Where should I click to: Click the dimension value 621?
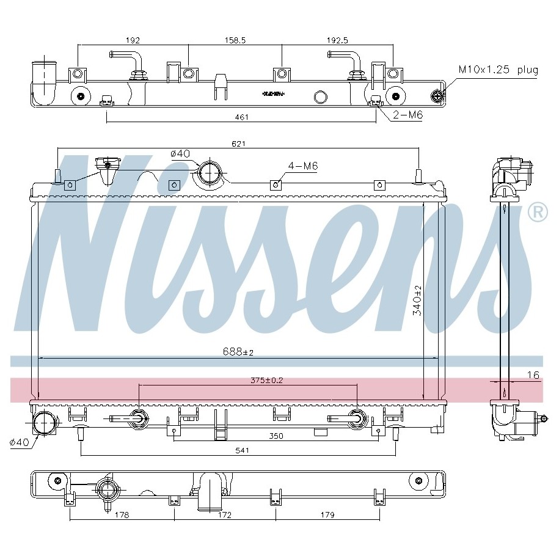coord(238,144)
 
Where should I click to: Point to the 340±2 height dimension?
coord(417,300)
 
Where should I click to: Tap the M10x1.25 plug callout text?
coord(499,70)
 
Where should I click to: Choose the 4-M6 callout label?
coord(302,166)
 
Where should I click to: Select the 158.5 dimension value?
coord(235,40)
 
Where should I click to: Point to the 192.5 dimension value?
coord(337,40)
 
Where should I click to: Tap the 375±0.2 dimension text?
coord(266,380)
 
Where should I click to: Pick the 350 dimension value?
coord(276,436)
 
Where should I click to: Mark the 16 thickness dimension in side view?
coord(533,375)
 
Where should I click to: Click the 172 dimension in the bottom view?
coord(224,515)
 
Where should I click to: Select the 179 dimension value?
coord(327,515)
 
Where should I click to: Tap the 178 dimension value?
coord(122,515)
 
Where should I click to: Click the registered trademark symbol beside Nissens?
coord(538,212)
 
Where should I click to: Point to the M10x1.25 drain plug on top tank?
coord(437,96)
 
